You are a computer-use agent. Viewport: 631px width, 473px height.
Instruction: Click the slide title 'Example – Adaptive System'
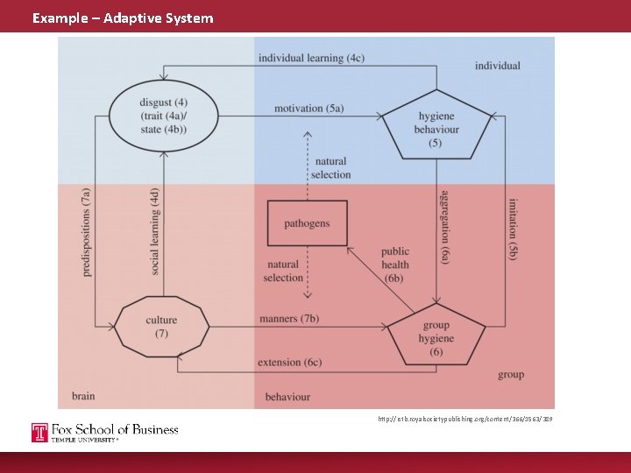click(x=123, y=18)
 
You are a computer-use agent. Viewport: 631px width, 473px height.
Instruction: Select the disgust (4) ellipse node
click(x=163, y=118)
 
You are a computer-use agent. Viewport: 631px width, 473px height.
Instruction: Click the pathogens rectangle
click(x=307, y=223)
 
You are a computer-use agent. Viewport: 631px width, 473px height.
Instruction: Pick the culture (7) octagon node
click(x=161, y=327)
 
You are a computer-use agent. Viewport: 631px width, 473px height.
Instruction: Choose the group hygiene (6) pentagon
click(x=436, y=336)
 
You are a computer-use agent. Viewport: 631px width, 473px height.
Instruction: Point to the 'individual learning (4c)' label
click(x=311, y=58)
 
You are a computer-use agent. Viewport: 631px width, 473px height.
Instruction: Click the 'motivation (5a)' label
click(x=308, y=109)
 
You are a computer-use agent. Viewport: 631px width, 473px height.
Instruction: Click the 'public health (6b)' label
click(x=394, y=265)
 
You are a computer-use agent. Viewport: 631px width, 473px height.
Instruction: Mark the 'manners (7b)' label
click(x=289, y=319)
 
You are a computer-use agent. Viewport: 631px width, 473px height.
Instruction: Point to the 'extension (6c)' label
click(x=289, y=363)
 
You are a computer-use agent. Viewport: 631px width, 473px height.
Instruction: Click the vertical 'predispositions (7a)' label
click(x=86, y=232)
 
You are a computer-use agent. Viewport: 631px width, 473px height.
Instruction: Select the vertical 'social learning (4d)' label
click(x=154, y=232)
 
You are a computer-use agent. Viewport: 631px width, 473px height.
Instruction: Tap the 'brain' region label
click(x=83, y=396)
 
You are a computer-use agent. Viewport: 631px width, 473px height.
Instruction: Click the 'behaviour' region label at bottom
click(x=287, y=397)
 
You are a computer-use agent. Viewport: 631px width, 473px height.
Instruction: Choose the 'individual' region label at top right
click(x=497, y=66)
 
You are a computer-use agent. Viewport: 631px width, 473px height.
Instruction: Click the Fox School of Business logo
click(x=105, y=432)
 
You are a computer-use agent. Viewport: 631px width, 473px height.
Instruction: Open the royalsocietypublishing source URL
click(x=464, y=420)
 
